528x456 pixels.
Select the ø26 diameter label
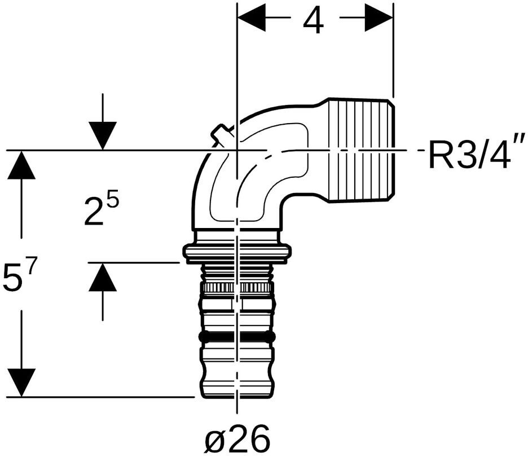coord(237,438)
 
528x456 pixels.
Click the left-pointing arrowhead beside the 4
coord(251,17)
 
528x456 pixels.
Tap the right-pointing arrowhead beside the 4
coord(379,17)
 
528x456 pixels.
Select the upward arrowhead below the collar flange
coord(103,277)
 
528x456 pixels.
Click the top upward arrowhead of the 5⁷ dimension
coord(21,165)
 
